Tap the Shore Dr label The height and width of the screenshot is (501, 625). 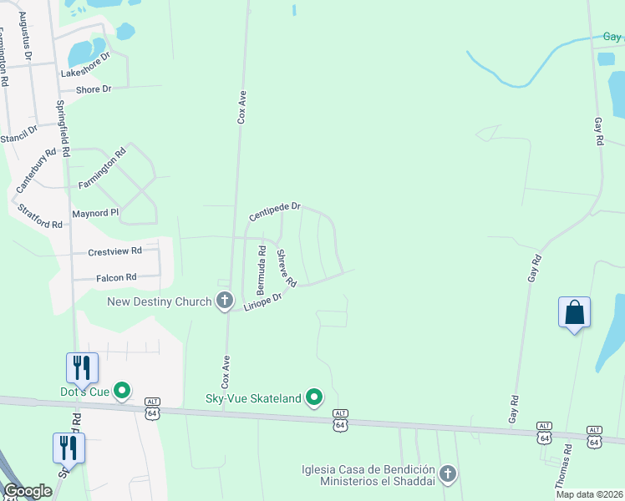[94, 89]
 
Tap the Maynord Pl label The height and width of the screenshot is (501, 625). [96, 213]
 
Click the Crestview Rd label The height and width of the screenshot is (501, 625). [115, 250]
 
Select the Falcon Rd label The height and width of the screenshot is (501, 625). [116, 277]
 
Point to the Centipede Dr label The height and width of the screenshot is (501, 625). [274, 211]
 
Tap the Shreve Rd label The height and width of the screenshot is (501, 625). [287, 268]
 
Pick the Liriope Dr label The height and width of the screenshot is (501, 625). [263, 302]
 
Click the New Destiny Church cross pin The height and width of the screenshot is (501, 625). [224, 300]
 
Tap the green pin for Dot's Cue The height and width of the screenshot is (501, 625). [122, 390]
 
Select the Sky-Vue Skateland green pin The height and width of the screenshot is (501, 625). [314, 397]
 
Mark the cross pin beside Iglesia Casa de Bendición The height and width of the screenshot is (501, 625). [448, 474]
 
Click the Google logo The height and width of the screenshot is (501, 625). [28, 491]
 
